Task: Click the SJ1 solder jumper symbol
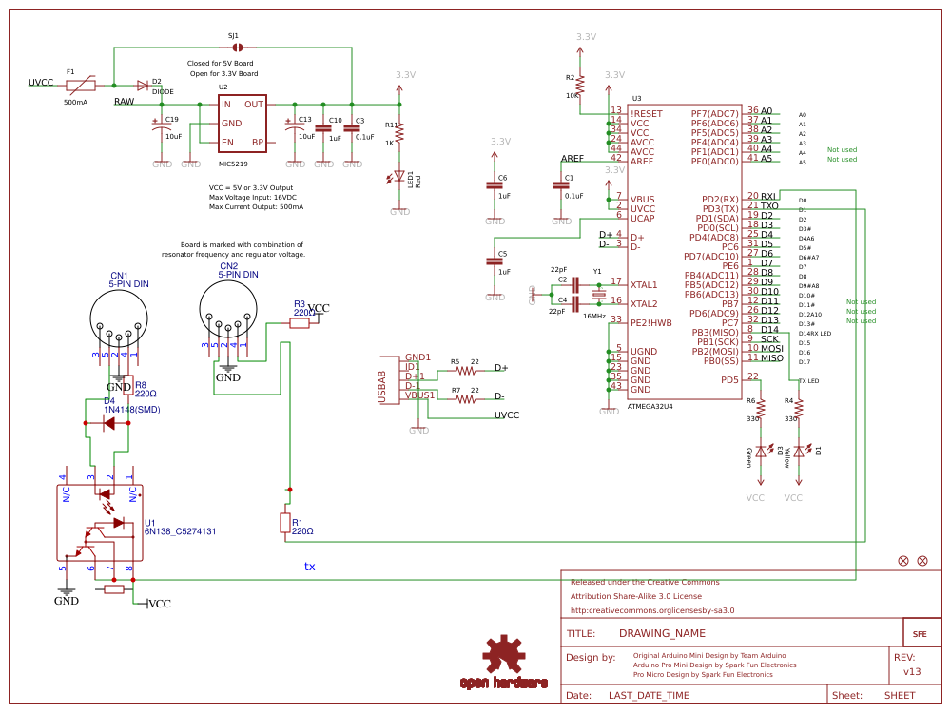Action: [x=237, y=47]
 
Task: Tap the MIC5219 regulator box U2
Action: [x=242, y=123]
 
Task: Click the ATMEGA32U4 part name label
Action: [x=650, y=406]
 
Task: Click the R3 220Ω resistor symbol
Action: [x=300, y=323]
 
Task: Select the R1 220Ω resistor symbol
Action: [x=284, y=522]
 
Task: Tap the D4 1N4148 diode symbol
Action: [x=108, y=423]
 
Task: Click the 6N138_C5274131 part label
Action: [x=181, y=531]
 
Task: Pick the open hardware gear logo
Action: [x=503, y=656]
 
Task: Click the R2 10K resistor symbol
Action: [x=580, y=84]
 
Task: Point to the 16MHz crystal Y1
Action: [x=598, y=295]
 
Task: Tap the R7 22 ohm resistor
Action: [x=465, y=399]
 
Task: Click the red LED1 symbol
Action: [x=399, y=177]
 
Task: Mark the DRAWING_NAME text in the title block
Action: [x=662, y=633]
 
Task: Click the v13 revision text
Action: [x=911, y=671]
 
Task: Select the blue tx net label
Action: [x=309, y=567]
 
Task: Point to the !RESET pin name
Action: [x=647, y=113]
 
